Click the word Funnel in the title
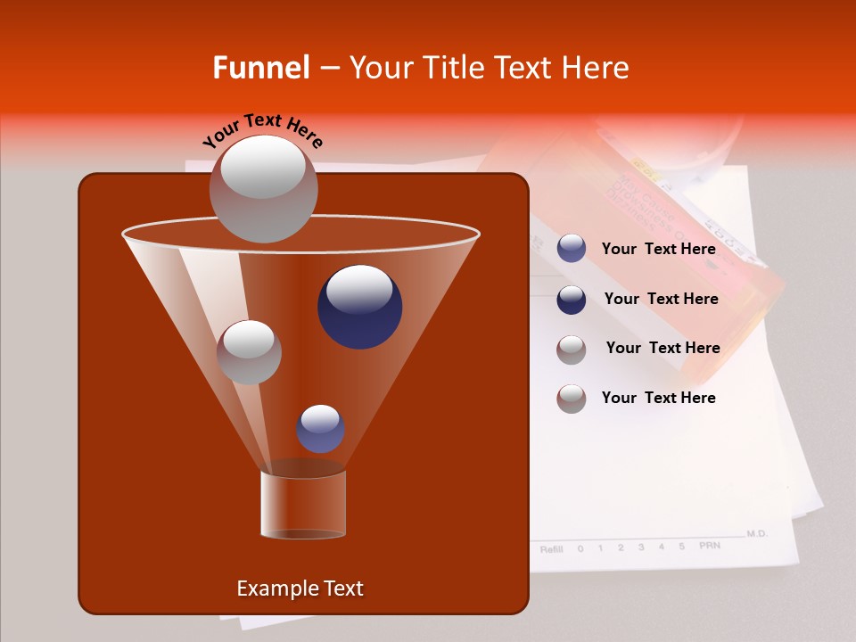click(x=260, y=68)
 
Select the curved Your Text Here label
click(x=263, y=130)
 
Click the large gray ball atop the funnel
click(x=263, y=188)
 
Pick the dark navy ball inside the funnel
click(x=359, y=307)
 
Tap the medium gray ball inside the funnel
click(x=249, y=352)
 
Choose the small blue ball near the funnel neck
click(x=320, y=429)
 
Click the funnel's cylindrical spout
click(x=302, y=504)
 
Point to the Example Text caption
click(x=300, y=588)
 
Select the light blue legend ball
click(x=572, y=249)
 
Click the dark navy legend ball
click(x=572, y=300)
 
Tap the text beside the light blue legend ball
click(x=658, y=250)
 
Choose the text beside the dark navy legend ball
click(x=661, y=300)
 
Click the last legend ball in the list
click(x=572, y=399)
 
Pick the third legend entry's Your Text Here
click(x=663, y=349)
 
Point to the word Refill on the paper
click(x=551, y=548)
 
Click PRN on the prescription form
click(x=709, y=545)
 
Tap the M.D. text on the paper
click(x=756, y=533)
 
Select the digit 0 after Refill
click(x=580, y=548)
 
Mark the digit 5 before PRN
click(x=681, y=546)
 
